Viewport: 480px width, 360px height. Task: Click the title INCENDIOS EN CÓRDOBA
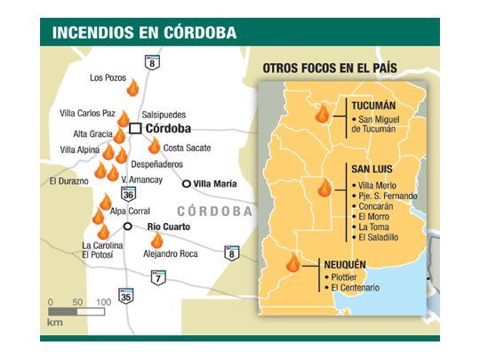coord(144,33)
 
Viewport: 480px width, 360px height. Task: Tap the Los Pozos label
coord(109,77)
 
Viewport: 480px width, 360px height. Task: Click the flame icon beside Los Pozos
coord(132,88)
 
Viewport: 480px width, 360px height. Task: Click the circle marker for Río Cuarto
coord(129,227)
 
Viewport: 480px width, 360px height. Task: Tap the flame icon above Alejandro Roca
coord(157,239)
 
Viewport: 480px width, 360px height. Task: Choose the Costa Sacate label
coord(188,148)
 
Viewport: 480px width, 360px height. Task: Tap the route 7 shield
coord(158,279)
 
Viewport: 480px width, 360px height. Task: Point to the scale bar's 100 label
coord(103,302)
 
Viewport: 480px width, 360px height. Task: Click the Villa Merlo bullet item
coord(376,184)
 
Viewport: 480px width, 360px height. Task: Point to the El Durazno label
coord(68,181)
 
